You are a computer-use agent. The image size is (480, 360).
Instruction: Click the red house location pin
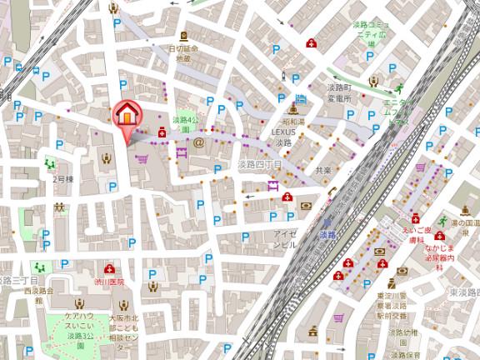[x=127, y=115]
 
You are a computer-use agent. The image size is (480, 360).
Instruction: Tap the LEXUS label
[x=283, y=132]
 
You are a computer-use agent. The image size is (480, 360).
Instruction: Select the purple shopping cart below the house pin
[x=142, y=158]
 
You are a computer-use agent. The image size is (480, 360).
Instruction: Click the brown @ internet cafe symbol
[x=198, y=142]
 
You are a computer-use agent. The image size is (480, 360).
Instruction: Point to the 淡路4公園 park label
[x=186, y=124]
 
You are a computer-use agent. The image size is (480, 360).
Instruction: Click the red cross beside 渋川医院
[x=110, y=268]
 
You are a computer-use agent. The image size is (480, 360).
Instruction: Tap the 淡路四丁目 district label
[x=259, y=164]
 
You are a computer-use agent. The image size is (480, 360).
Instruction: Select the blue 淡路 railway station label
[x=327, y=237]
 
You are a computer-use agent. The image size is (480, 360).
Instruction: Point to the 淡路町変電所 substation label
[x=338, y=92]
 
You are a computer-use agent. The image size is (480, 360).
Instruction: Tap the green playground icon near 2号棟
[x=50, y=163]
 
